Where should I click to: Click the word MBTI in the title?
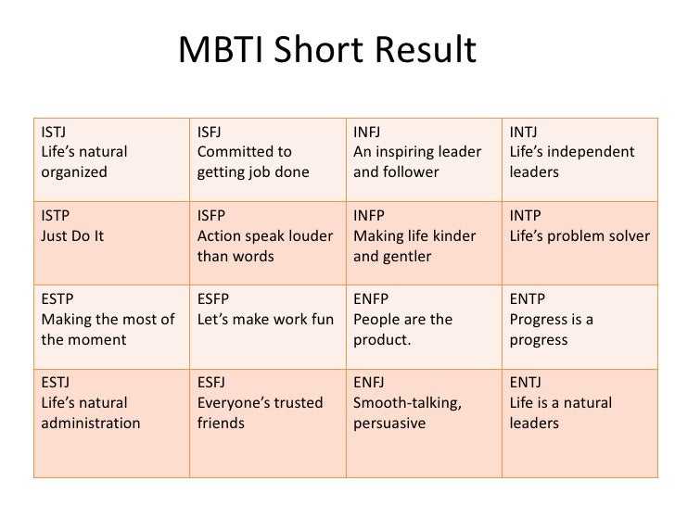click(x=222, y=49)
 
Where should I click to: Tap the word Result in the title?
click(x=426, y=49)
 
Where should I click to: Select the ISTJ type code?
click(x=54, y=133)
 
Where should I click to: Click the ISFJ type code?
click(x=210, y=133)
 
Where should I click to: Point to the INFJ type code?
click(x=367, y=133)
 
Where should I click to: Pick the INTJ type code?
click(x=524, y=133)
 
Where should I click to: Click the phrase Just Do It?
click(x=72, y=235)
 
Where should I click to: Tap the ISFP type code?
click(x=211, y=215)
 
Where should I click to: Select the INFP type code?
click(x=369, y=215)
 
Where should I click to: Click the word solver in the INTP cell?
click(x=628, y=235)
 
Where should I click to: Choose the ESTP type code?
click(x=57, y=298)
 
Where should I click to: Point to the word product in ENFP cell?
click(x=380, y=340)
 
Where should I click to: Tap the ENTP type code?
click(x=528, y=298)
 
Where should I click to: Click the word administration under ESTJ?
click(x=91, y=423)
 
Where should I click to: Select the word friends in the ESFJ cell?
click(x=221, y=423)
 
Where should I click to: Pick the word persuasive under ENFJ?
click(x=389, y=424)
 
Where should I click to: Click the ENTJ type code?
click(x=526, y=382)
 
